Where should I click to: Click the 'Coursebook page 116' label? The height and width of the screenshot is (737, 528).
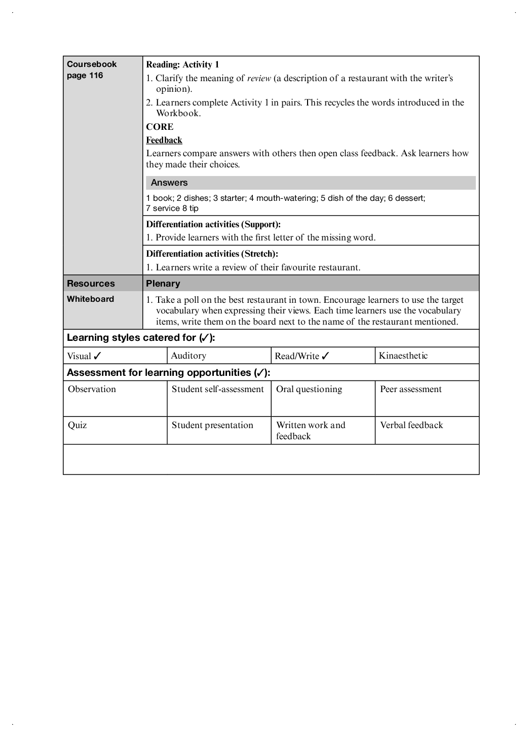(92, 70)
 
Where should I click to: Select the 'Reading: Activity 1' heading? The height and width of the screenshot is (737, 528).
(182, 64)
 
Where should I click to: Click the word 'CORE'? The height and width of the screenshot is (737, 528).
(160, 127)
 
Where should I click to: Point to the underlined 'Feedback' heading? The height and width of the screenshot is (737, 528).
(164, 140)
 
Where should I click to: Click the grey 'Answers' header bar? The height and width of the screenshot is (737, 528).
(311, 183)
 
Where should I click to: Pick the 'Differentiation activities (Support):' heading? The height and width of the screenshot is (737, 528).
(213, 224)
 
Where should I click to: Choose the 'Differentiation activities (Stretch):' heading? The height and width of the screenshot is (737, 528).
(212, 254)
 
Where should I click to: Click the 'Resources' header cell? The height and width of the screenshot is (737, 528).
(91, 284)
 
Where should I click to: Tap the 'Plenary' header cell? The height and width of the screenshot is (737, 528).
(163, 284)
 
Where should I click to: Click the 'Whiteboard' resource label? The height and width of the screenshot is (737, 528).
(91, 299)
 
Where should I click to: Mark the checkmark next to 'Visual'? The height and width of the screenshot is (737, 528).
(98, 356)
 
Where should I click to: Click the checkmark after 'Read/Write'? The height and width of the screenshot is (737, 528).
(325, 356)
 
